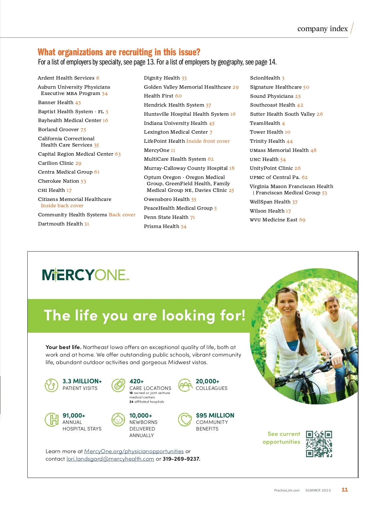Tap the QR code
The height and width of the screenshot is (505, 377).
pos(319,444)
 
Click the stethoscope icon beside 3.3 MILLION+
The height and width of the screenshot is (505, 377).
pos(51,385)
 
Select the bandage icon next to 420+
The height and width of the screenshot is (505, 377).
pos(118,385)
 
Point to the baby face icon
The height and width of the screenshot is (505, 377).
pos(118,419)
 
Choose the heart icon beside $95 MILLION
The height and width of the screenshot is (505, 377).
pos(185,419)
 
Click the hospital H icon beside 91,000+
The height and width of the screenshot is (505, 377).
pos(52,419)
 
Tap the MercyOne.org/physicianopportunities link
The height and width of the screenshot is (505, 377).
pos(134,451)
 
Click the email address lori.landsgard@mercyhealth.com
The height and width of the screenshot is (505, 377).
pos(110,459)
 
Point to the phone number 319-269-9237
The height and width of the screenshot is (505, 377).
pos(181,459)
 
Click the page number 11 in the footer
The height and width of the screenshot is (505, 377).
pos(345,490)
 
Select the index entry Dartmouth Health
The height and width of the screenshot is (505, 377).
pos(60,224)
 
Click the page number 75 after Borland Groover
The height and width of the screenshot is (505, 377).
pos(83,130)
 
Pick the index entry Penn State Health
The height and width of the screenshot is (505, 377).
pos(166,217)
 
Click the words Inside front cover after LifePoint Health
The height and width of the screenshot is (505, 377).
pos(208,141)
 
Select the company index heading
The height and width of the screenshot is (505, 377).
pos(322,29)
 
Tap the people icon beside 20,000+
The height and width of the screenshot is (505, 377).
pos(185,385)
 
